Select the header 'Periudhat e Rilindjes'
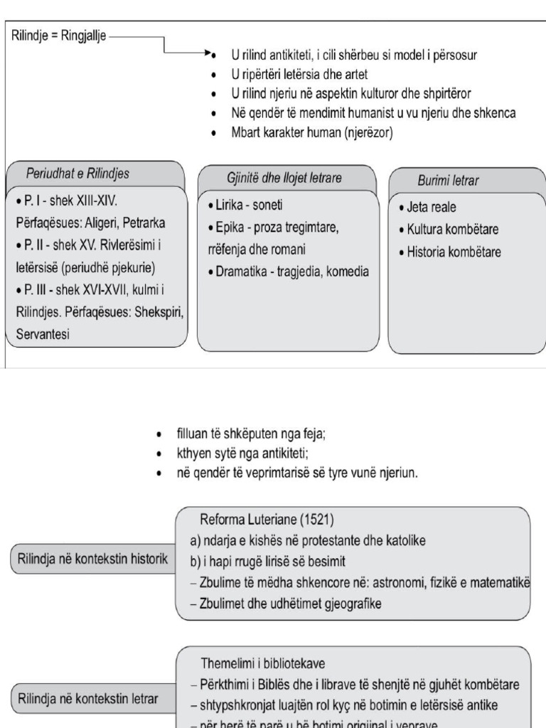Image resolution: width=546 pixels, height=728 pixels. pyautogui.click(x=77, y=173)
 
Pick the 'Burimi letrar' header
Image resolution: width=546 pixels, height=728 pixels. pyautogui.click(x=448, y=181)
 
